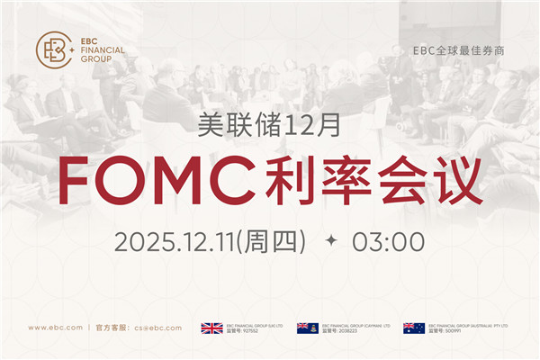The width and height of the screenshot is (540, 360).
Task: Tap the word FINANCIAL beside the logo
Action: tap(103, 51)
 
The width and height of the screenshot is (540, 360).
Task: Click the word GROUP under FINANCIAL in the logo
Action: tap(95, 60)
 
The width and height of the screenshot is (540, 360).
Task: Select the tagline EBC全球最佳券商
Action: tap(457, 51)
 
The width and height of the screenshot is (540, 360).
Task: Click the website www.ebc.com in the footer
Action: tap(56, 328)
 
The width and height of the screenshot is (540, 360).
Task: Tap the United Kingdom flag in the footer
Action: tap(211, 328)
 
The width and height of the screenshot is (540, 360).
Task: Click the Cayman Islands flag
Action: tap(308, 328)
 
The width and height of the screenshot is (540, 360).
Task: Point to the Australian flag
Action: tap(414, 328)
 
